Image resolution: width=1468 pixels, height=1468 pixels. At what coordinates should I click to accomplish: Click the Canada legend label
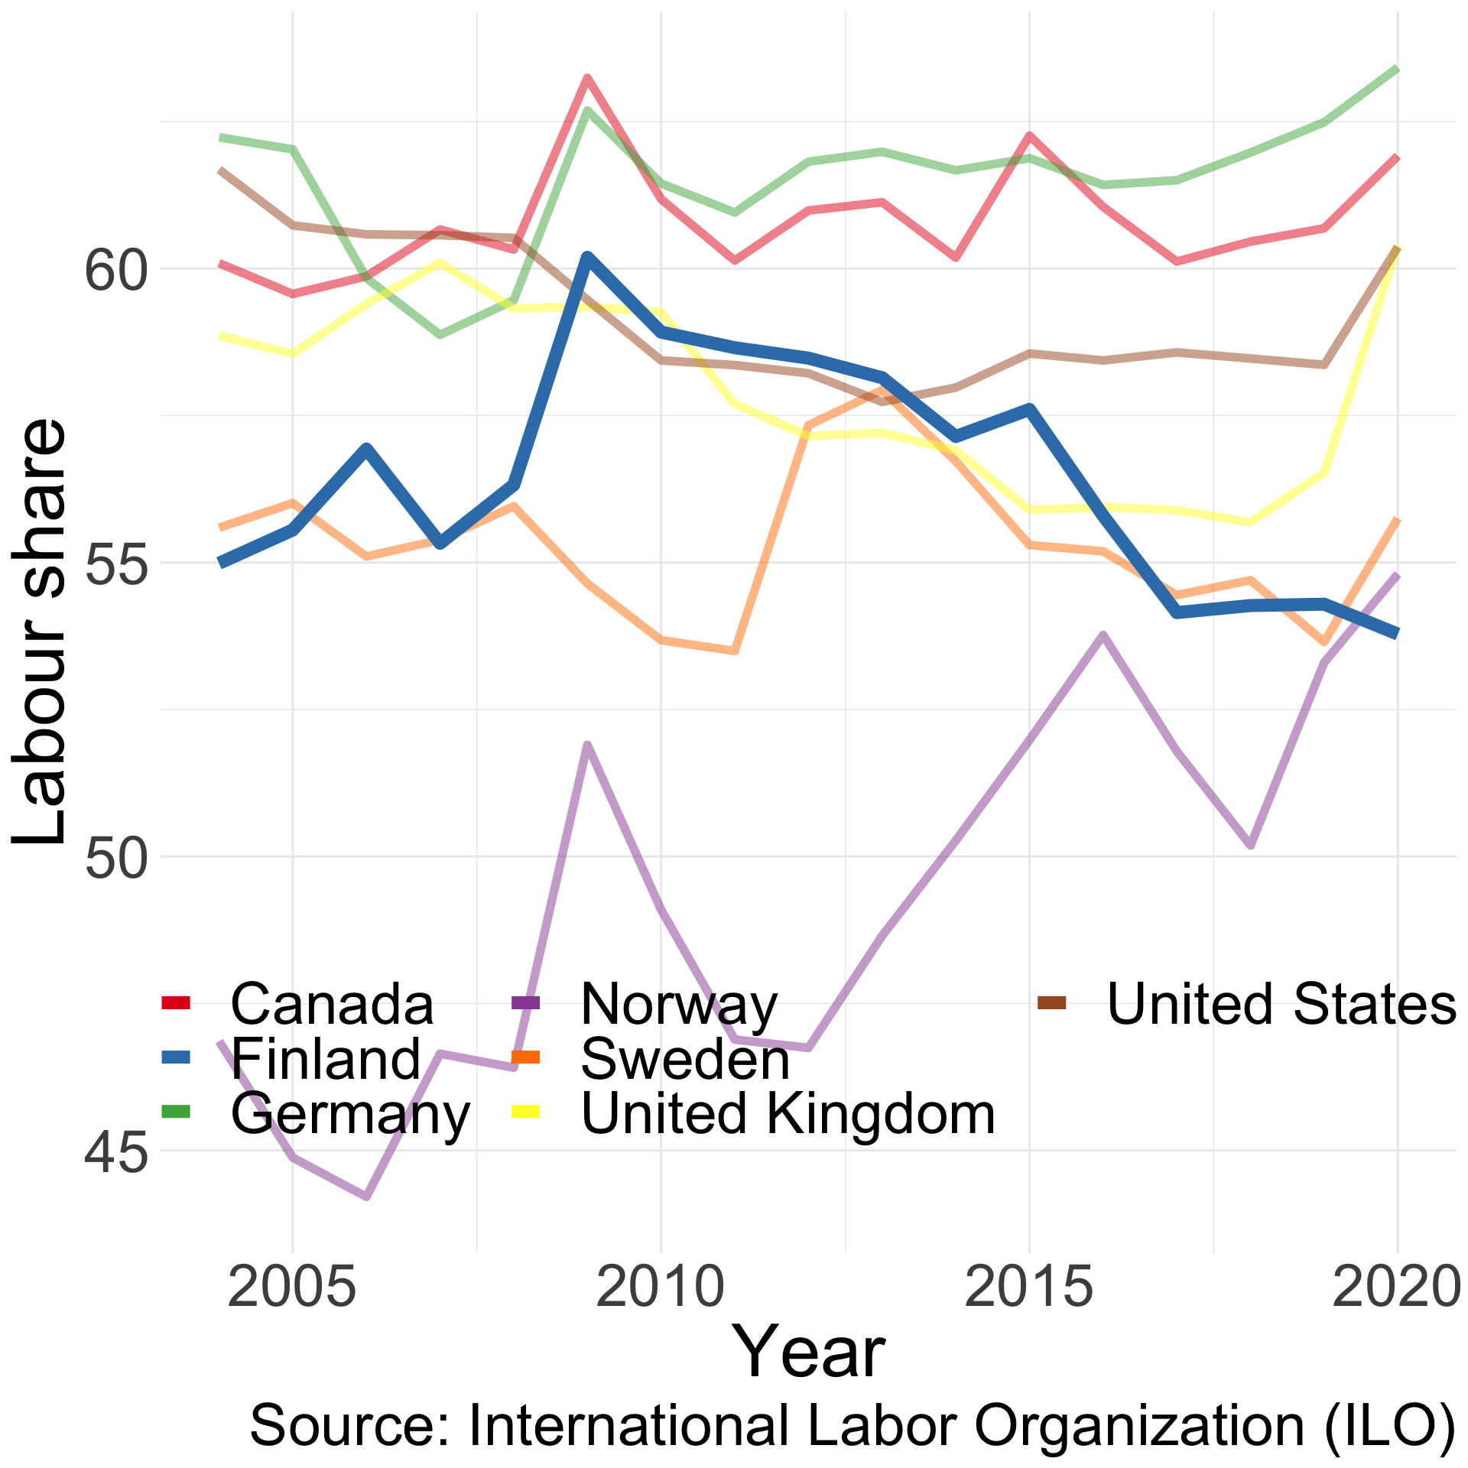click(332, 1004)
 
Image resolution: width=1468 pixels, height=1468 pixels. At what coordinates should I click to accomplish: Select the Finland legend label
click(326, 1059)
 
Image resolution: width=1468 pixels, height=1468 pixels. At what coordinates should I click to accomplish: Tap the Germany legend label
click(351, 1114)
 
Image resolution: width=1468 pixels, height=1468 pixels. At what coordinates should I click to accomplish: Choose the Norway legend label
click(679, 1004)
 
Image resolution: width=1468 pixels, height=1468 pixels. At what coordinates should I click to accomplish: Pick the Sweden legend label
click(685, 1059)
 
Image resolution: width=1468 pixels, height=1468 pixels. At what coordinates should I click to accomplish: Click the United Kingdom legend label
click(788, 1114)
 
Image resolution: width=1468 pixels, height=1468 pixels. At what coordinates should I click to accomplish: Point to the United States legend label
click(1281, 1004)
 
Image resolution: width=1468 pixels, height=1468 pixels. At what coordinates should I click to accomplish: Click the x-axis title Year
click(808, 1354)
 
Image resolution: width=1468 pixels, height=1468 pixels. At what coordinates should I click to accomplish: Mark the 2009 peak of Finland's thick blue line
click(586, 257)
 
